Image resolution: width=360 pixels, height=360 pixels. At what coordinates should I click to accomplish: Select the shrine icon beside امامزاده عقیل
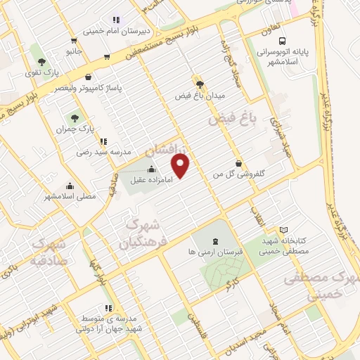(152, 169)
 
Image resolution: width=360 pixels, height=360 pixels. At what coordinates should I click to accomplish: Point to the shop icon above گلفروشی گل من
(240, 162)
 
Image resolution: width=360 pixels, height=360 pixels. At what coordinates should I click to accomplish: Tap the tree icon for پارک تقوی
(44, 61)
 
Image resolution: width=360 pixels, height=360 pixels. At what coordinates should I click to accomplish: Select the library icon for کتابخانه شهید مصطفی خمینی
(283, 230)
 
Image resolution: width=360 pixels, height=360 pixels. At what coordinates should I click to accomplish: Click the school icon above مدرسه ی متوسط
(108, 307)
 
